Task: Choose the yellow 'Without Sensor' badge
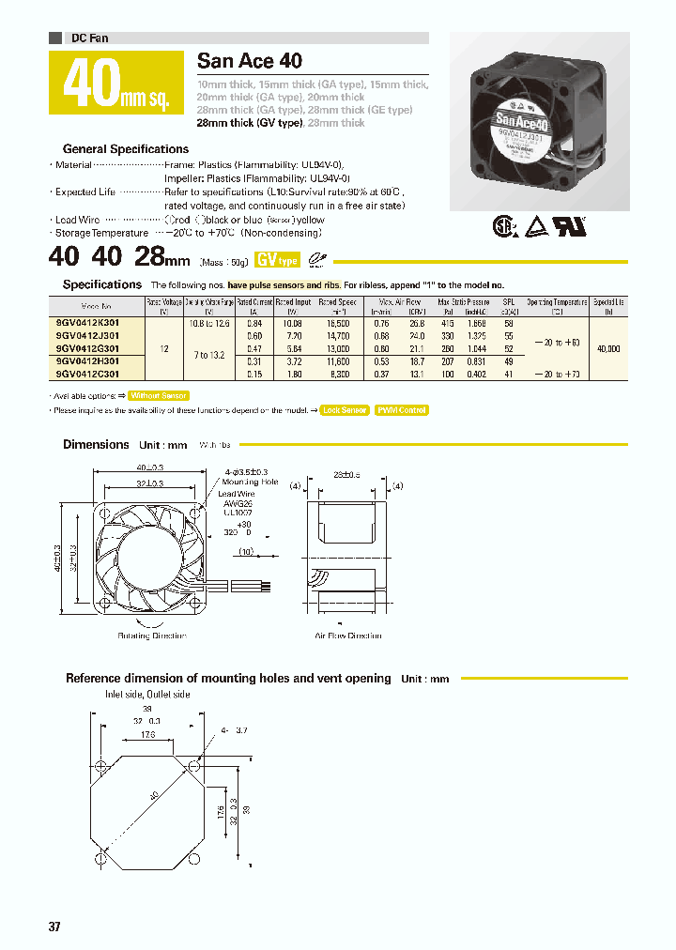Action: coord(159,396)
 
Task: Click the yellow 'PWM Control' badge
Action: coord(401,410)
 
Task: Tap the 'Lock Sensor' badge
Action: coord(344,410)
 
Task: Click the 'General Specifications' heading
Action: coord(126,149)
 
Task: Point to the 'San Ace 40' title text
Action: coord(250,62)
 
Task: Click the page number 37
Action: coord(54,927)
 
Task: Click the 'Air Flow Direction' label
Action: coord(348,636)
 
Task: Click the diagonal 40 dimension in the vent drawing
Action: coord(153,796)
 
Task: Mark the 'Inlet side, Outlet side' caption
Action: coord(147,694)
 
